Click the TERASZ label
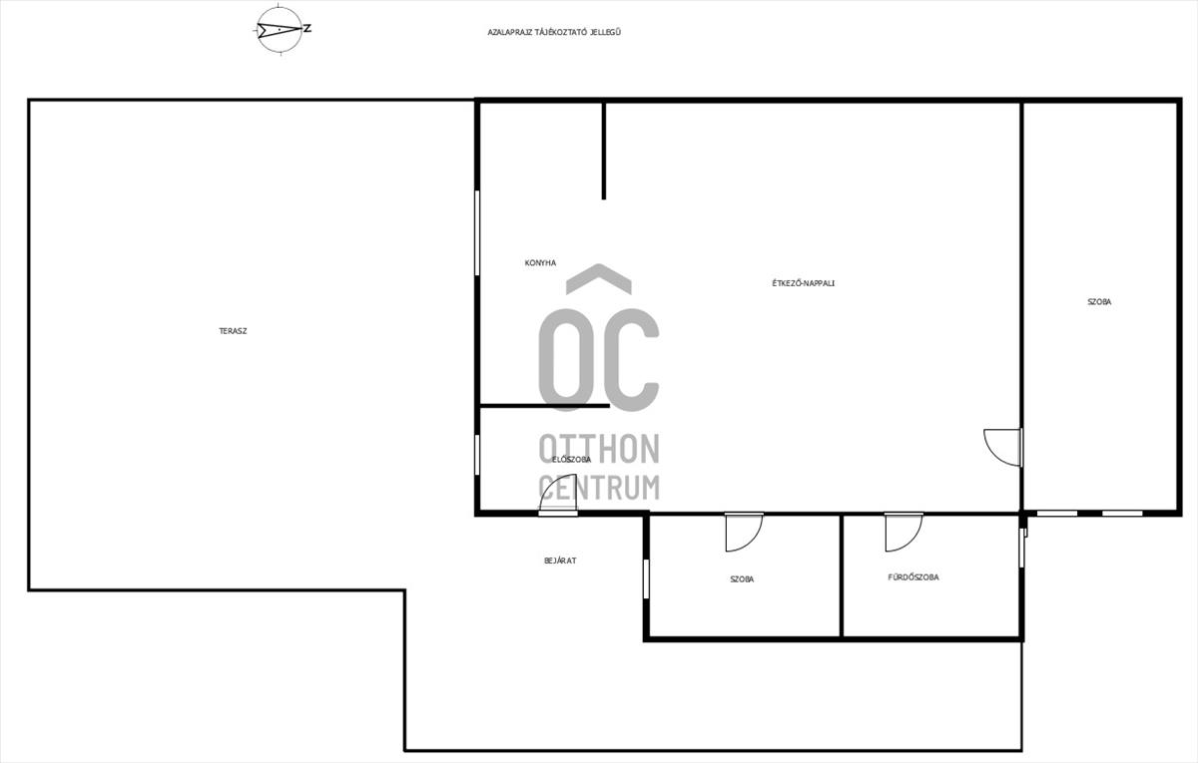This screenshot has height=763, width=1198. (233, 331)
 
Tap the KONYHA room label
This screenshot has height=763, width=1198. (540, 263)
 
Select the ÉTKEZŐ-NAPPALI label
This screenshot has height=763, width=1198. (804, 283)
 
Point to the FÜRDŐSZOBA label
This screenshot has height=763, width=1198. (913, 577)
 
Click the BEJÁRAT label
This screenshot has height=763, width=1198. (560, 561)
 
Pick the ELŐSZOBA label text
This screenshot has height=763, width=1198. (571, 460)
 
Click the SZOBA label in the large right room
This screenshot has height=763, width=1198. (1099, 302)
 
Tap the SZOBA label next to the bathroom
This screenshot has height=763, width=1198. (742, 579)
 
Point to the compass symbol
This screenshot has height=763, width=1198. (280, 29)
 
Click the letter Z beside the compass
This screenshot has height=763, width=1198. (307, 29)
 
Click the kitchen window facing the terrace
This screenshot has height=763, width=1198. (477, 233)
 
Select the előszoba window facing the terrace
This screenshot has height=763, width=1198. (477, 455)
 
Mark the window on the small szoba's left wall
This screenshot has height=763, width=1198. (646, 578)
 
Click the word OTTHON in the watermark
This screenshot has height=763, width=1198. (599, 449)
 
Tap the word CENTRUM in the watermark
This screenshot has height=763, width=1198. (599, 488)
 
